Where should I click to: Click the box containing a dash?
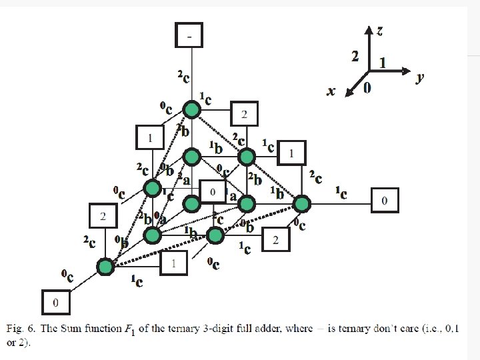[x=189, y=35]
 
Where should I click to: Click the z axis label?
[x=379, y=31]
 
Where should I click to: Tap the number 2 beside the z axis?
[x=356, y=56]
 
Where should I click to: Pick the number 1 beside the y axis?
[x=382, y=63]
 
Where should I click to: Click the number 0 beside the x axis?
[x=367, y=88]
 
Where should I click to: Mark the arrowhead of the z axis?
[x=369, y=29]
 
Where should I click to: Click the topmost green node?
[x=192, y=109]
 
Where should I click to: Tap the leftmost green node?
[x=105, y=267]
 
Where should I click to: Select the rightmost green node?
[x=302, y=203]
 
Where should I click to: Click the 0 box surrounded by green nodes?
[x=213, y=193]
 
